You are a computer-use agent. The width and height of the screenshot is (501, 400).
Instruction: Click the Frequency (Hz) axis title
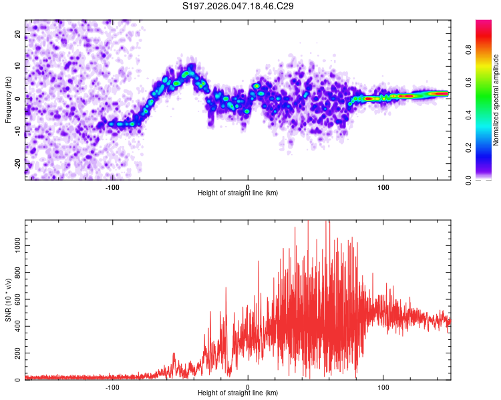8,100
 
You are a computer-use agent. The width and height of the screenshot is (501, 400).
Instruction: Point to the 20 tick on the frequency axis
18,33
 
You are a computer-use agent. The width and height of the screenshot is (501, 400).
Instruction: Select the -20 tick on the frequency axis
18,163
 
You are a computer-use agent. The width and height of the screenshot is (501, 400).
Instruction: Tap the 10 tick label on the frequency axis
18,65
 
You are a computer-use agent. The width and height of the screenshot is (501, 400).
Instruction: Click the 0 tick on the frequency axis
18,98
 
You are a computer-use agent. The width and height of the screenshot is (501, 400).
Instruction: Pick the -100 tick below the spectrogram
112,187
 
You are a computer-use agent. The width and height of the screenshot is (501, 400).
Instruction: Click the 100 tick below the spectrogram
383,187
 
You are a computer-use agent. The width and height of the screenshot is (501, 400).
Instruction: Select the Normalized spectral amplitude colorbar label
496,100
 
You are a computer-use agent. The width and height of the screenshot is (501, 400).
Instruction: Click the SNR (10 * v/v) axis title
8,300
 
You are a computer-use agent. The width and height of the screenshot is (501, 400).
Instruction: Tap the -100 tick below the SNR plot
112,387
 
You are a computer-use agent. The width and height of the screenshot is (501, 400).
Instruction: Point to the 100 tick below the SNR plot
383,387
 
